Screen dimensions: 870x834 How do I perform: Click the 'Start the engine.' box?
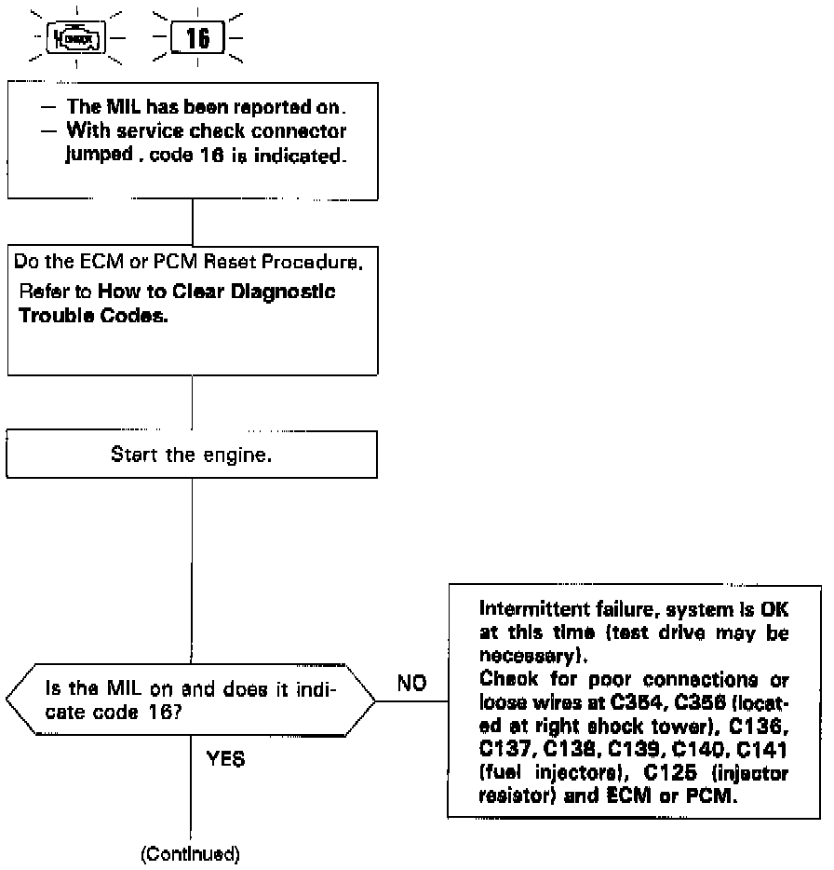[x=191, y=455]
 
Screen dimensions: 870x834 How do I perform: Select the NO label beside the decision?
[x=411, y=684]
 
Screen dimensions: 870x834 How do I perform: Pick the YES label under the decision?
[x=224, y=758]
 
